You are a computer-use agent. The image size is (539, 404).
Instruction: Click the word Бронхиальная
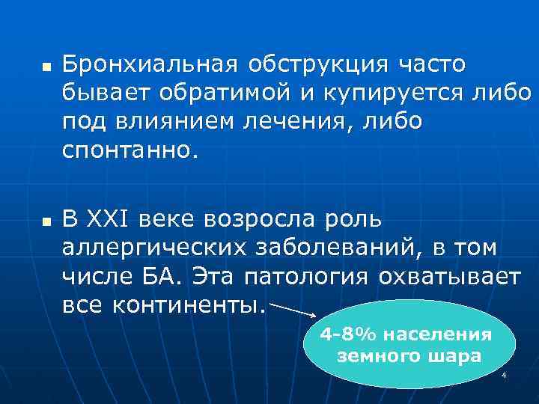[147, 65]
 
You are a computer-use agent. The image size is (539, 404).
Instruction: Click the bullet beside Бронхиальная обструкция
[45, 67]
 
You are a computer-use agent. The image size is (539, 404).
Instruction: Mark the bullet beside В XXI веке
[45, 221]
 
